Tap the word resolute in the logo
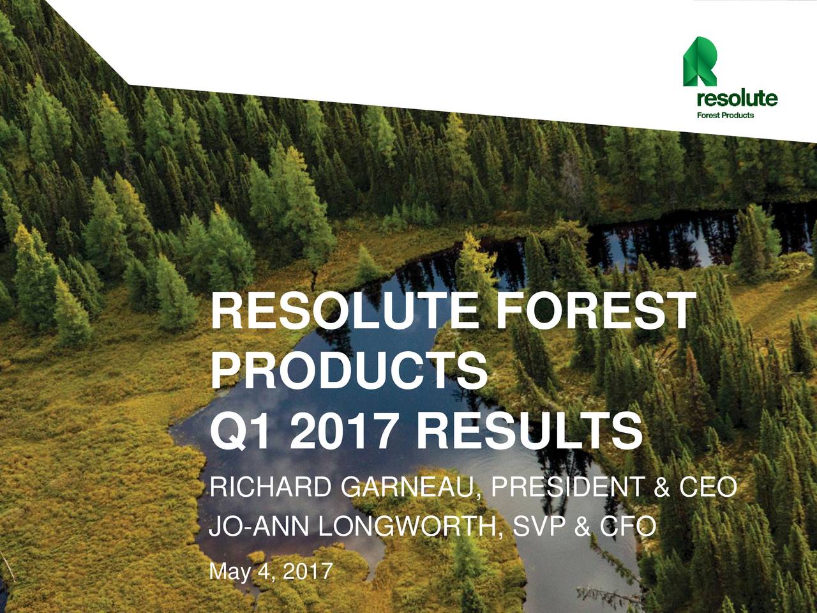(x=737, y=99)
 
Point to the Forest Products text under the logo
(x=725, y=116)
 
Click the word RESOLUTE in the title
(x=349, y=312)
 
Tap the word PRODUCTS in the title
(x=349, y=371)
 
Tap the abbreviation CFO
(x=626, y=527)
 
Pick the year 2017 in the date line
(x=307, y=570)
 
